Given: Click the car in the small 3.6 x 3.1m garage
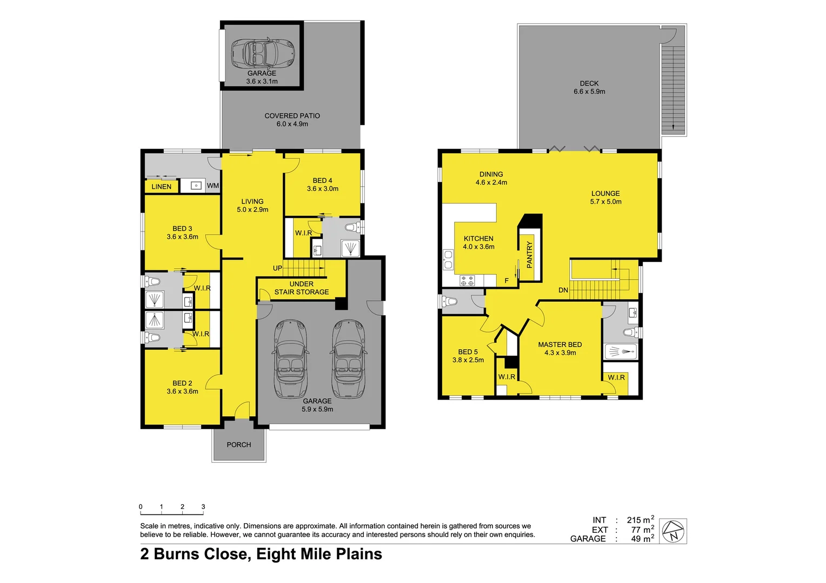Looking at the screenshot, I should pyautogui.click(x=262, y=53).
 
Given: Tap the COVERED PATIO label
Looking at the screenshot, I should pyautogui.click(x=292, y=116).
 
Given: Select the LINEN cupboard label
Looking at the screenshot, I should pyautogui.click(x=161, y=187).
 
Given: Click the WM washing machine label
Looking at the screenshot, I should pyautogui.click(x=213, y=186).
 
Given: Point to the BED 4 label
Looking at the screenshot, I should pyautogui.click(x=322, y=181).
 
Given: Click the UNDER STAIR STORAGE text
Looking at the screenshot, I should pyautogui.click(x=301, y=288).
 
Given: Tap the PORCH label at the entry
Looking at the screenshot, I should pyautogui.click(x=238, y=445).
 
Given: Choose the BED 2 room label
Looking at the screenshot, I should pyautogui.click(x=182, y=383).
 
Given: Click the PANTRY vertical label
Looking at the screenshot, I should pyautogui.click(x=529, y=255).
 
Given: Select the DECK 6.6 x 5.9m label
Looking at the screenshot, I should pyautogui.click(x=589, y=87).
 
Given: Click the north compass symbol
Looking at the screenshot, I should pyautogui.click(x=674, y=531).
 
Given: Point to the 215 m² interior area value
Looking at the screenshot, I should pyautogui.click(x=640, y=520).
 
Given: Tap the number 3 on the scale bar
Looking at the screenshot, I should pyautogui.click(x=203, y=507).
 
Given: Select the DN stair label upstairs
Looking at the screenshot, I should pyautogui.click(x=563, y=290).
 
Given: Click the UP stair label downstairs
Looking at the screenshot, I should pyautogui.click(x=277, y=268).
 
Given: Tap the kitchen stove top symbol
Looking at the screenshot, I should pyautogui.click(x=467, y=281).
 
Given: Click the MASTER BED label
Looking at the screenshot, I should pyautogui.click(x=559, y=344).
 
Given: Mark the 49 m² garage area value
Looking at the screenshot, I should pyautogui.click(x=640, y=539).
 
